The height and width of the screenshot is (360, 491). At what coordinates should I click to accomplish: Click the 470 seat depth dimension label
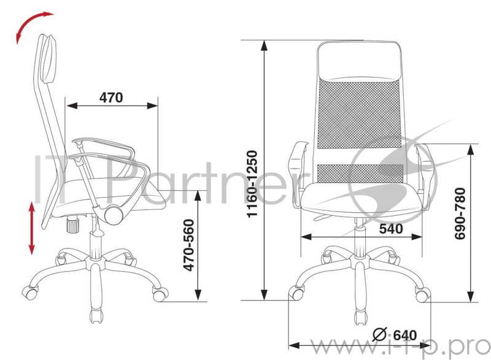pos(111,97)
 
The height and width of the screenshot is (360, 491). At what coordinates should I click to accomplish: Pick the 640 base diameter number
pos(405,335)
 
